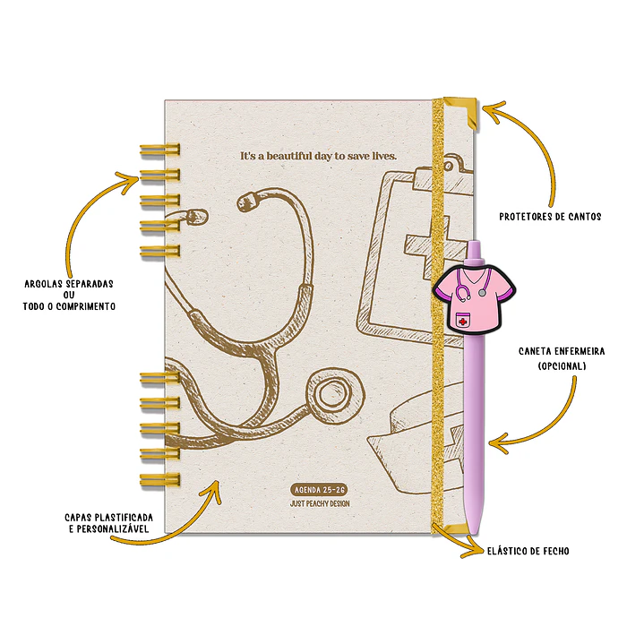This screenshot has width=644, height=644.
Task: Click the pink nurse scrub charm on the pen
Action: (475, 298)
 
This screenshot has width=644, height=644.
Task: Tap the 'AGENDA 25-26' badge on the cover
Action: (320, 490)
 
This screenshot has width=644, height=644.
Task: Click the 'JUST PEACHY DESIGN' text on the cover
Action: (320, 503)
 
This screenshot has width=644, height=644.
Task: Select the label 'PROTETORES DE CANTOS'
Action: (550, 217)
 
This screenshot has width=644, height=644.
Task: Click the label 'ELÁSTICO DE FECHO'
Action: (528, 551)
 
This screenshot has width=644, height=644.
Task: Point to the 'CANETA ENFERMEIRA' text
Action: (562, 351)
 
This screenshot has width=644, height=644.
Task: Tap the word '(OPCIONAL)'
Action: (562, 365)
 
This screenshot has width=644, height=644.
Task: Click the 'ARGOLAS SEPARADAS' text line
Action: (69, 284)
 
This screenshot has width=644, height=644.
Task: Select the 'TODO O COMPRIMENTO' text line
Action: (69, 306)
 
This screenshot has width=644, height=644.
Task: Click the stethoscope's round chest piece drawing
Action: (335, 395)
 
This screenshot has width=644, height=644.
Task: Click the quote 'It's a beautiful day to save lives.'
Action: (318, 156)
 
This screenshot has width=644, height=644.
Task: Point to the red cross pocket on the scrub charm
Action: (463, 321)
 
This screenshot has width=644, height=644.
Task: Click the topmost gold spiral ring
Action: (160, 150)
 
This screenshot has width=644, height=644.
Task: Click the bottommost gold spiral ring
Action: (160, 480)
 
